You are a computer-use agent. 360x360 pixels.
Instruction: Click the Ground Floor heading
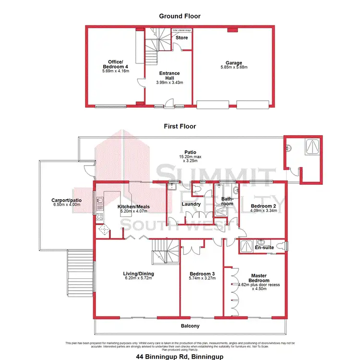tap(180, 16)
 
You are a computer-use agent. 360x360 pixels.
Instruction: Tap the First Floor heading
tap(180, 127)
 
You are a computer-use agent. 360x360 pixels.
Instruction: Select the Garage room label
tap(234, 62)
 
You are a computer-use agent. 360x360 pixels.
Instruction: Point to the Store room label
tap(181, 37)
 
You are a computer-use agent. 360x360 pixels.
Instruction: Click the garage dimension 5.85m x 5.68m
tap(234, 68)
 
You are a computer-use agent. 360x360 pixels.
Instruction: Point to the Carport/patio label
tap(65, 201)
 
